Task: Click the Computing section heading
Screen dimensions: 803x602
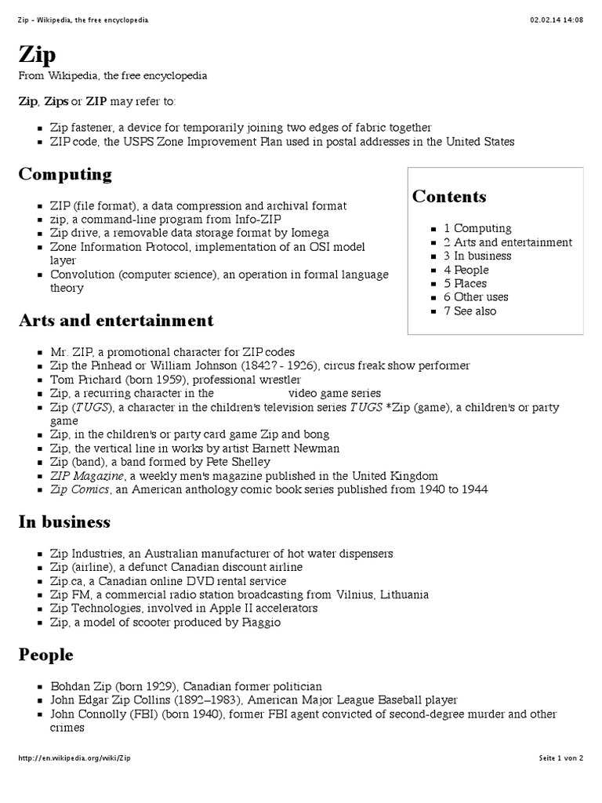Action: point(65,174)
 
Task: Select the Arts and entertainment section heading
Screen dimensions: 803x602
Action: point(116,321)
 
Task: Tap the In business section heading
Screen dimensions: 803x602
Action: point(64,522)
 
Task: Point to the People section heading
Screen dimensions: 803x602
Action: point(45,655)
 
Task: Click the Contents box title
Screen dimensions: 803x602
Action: point(449,197)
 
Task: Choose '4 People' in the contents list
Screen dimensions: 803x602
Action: point(469,270)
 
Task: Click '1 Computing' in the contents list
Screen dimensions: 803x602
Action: point(477,228)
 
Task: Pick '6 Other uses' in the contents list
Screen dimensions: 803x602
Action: point(476,297)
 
